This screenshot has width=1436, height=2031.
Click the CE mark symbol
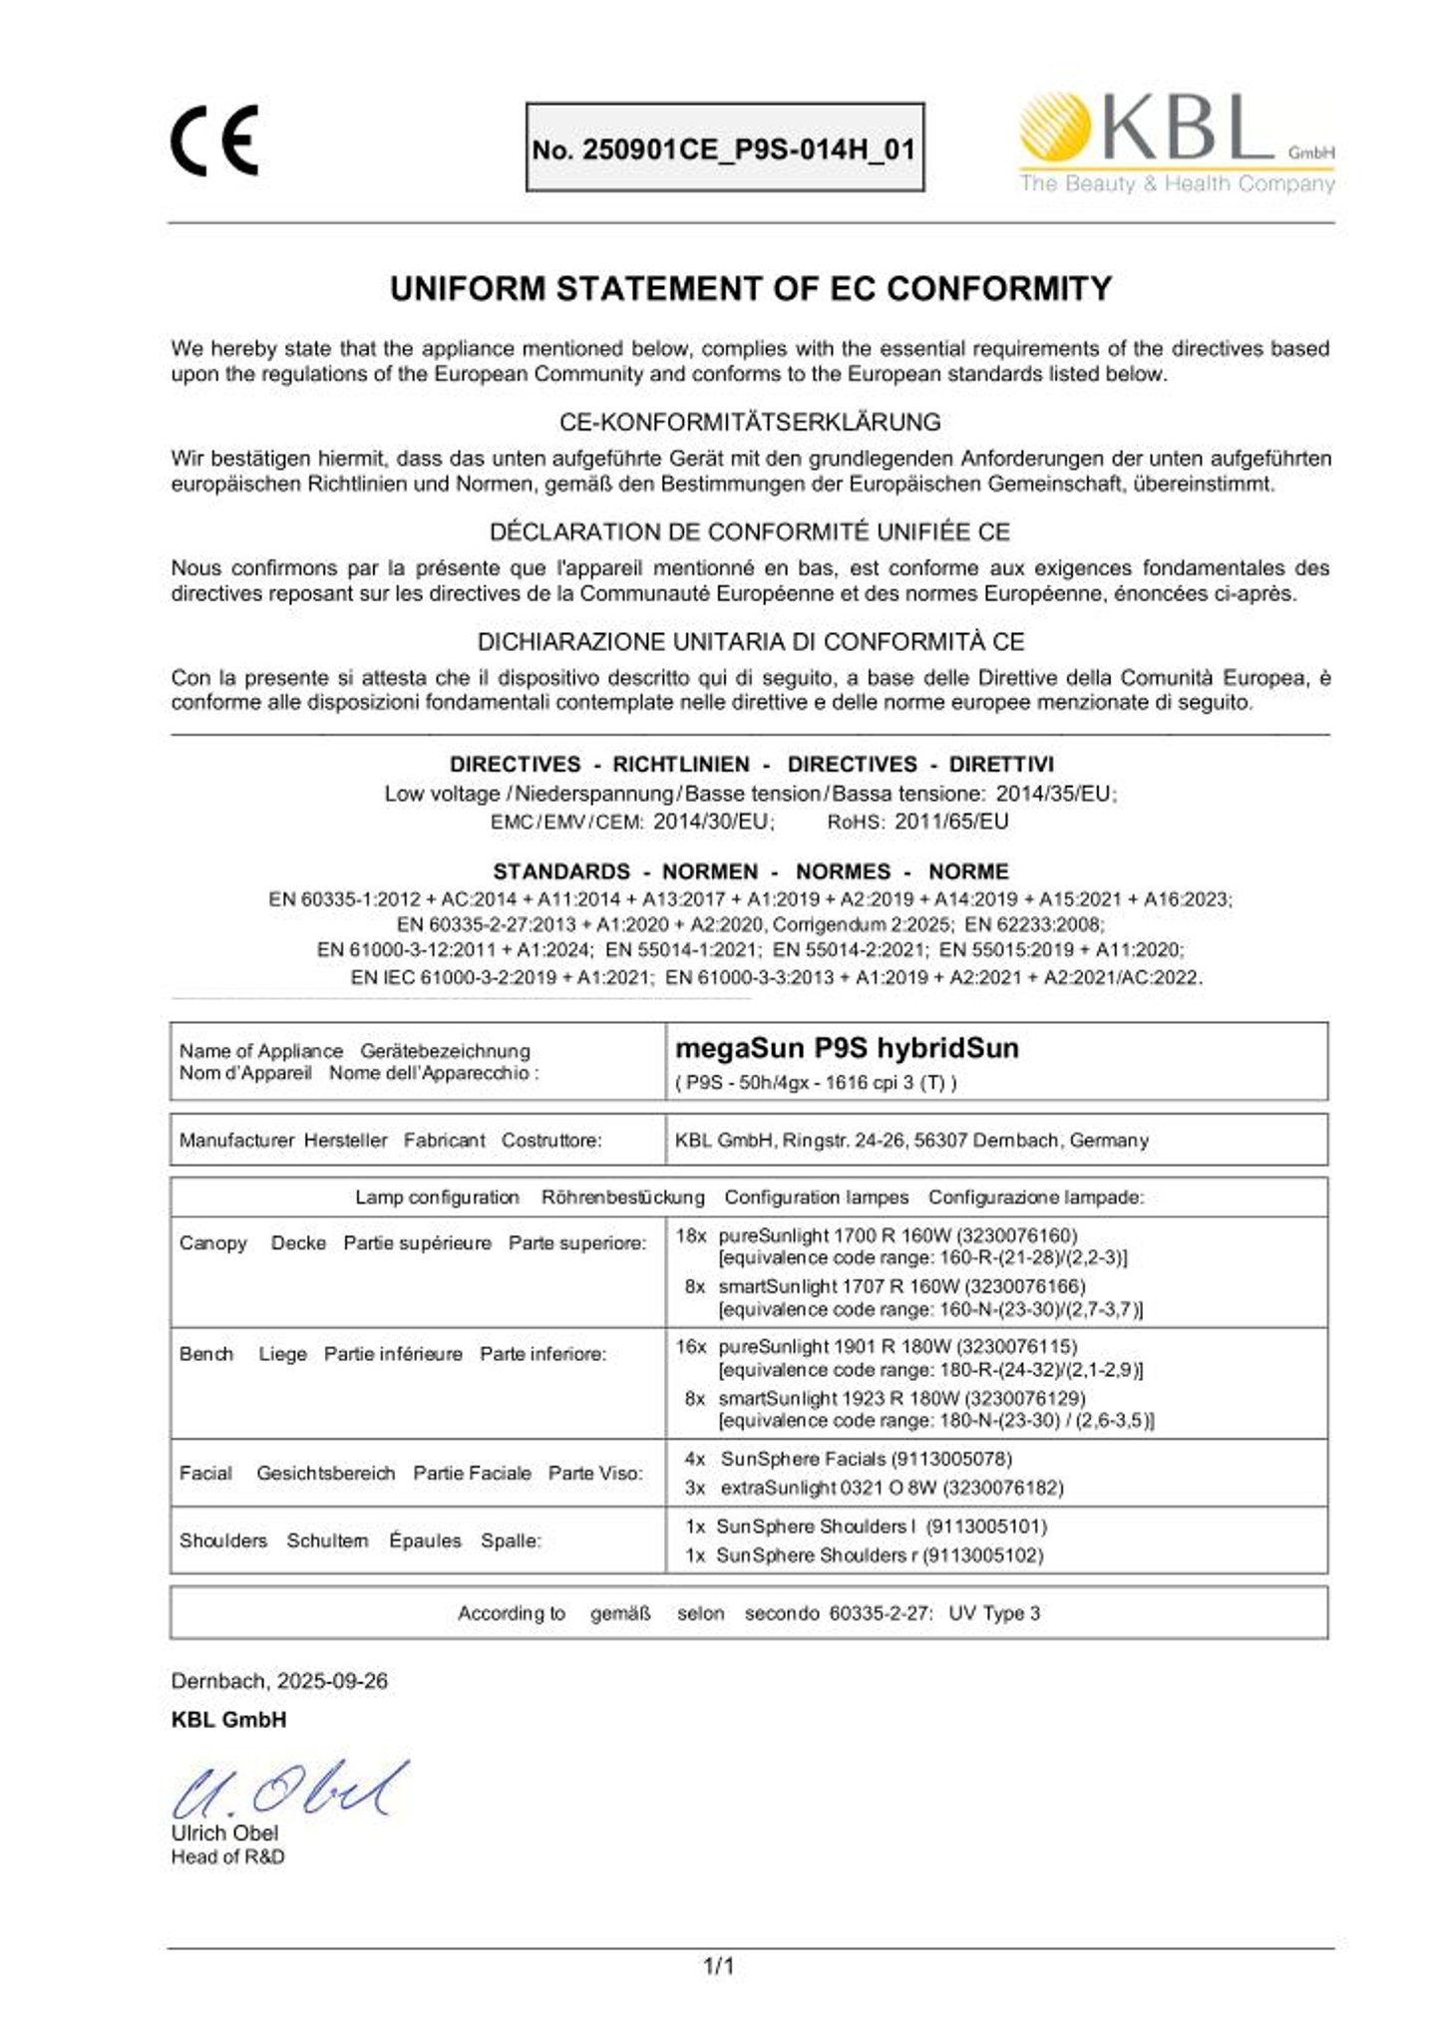(213, 141)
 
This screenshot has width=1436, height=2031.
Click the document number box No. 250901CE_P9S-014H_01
(724, 149)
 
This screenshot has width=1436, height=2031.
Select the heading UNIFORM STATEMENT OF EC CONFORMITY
(750, 289)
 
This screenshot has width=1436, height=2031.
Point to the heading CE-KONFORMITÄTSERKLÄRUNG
(750, 422)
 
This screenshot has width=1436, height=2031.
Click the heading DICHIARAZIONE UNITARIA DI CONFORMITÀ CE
(750, 641)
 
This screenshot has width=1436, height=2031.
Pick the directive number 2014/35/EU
(1055, 794)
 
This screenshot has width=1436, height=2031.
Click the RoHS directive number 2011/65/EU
(951, 822)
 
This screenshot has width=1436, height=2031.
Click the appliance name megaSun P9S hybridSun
(847, 1048)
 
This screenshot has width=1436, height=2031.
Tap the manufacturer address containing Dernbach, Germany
(911, 1140)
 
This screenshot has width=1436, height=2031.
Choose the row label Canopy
(213, 1243)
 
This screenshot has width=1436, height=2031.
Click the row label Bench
(206, 1354)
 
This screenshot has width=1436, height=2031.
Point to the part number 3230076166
(1025, 1286)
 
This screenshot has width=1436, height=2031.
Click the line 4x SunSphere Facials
(848, 1459)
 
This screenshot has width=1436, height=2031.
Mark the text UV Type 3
(994, 1613)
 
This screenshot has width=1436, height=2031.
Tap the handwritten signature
(289, 1790)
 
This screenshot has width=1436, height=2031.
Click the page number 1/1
(718, 1966)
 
